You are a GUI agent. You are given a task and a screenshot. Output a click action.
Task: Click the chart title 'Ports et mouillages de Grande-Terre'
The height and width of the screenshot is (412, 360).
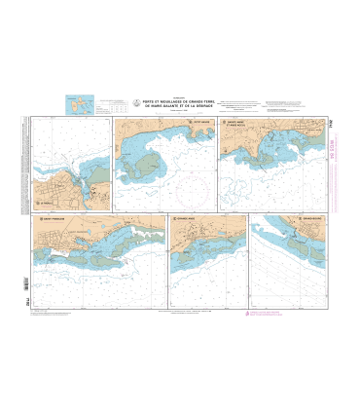point(180,103)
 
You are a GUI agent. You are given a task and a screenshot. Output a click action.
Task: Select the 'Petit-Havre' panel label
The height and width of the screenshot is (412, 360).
point(148,123)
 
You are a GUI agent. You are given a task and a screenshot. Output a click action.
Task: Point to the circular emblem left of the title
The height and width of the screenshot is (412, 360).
point(135,101)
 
